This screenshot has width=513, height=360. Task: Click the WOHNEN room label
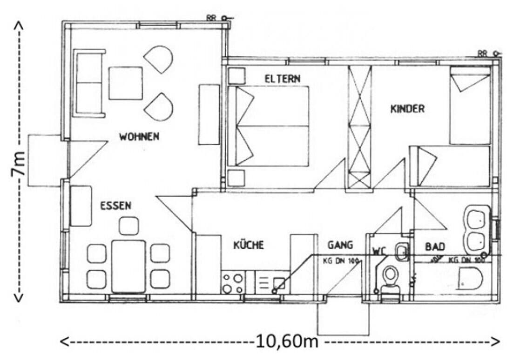(x=139, y=137)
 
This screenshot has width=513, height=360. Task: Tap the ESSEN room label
(x=115, y=206)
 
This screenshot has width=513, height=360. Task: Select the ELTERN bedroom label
(x=283, y=79)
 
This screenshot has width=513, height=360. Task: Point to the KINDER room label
(x=407, y=109)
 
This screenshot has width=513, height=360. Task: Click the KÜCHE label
(x=249, y=245)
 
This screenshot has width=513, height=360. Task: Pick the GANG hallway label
(x=340, y=245)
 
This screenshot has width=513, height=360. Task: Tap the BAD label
(x=435, y=246)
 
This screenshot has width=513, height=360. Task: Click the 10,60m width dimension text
(x=286, y=342)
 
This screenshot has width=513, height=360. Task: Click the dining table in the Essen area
(x=128, y=266)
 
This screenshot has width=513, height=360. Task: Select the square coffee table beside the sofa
(x=126, y=83)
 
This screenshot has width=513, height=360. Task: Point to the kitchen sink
(x=278, y=282)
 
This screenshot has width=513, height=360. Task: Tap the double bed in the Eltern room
(x=269, y=126)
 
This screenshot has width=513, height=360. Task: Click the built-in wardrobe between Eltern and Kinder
(x=360, y=127)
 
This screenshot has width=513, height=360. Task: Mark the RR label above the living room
(x=211, y=18)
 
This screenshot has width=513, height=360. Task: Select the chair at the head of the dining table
(x=129, y=226)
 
